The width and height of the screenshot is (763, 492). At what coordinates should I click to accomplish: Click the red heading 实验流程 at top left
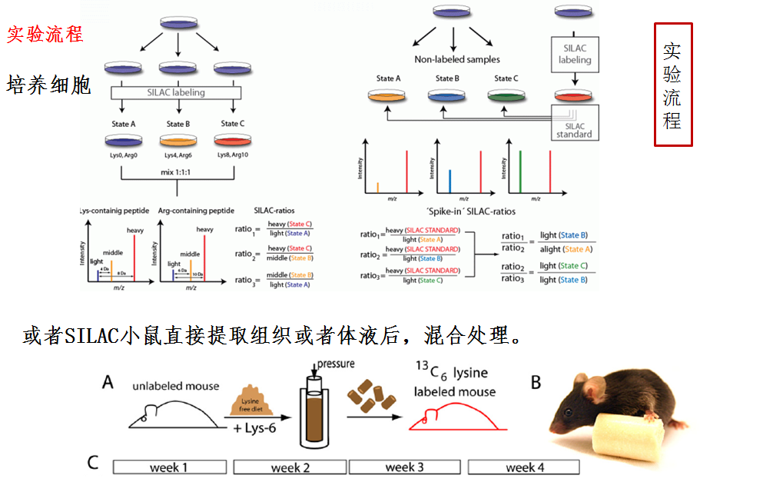(x=45, y=35)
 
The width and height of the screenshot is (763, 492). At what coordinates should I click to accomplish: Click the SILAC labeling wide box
(x=176, y=93)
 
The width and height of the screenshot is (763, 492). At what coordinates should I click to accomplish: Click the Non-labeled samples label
(x=456, y=59)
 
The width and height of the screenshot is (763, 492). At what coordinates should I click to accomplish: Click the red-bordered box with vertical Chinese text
(x=672, y=85)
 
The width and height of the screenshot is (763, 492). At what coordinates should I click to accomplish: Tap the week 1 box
(x=169, y=467)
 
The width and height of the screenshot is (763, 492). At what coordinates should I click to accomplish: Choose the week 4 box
(x=523, y=467)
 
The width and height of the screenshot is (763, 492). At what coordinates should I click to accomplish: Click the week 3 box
(x=404, y=467)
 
